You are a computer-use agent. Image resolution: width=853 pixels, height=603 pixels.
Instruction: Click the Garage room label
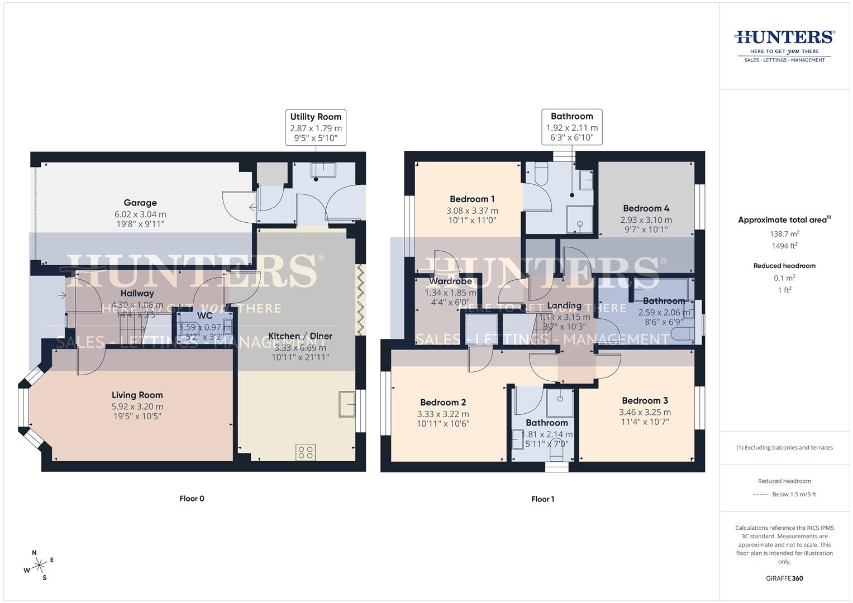140,203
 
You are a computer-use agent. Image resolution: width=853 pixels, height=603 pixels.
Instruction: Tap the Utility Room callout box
316,127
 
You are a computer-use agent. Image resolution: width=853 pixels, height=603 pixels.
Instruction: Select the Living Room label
137,395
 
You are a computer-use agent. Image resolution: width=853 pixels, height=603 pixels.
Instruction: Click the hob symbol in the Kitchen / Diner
305,452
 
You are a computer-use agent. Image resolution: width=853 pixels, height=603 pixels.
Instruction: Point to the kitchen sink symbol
346,404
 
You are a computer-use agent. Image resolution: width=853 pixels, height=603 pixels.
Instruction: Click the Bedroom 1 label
472,199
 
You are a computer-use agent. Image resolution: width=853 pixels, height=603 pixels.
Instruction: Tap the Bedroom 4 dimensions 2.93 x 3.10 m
646,220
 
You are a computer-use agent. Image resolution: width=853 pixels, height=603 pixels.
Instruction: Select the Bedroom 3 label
645,401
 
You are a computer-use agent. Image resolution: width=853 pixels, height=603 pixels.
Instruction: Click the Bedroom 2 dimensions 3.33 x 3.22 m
442,414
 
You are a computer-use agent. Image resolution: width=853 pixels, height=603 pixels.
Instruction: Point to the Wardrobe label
450,281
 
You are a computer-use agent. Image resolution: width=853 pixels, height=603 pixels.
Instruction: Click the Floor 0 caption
192,499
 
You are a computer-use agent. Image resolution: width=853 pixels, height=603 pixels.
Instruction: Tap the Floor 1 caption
542,499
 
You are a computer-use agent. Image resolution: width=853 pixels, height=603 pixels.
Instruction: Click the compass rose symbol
39,566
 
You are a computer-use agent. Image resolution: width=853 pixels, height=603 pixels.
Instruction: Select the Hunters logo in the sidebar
784,45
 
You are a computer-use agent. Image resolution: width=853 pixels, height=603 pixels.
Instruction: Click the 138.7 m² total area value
784,234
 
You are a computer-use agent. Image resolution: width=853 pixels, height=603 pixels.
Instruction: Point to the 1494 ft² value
784,246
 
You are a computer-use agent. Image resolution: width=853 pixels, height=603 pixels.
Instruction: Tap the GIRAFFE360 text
784,578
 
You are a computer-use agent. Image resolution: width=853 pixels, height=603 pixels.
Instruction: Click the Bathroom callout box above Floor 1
571,127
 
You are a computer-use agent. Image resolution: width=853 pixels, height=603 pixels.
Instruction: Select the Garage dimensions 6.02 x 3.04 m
140,214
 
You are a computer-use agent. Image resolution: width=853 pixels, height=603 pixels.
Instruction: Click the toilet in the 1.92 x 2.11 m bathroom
541,176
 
